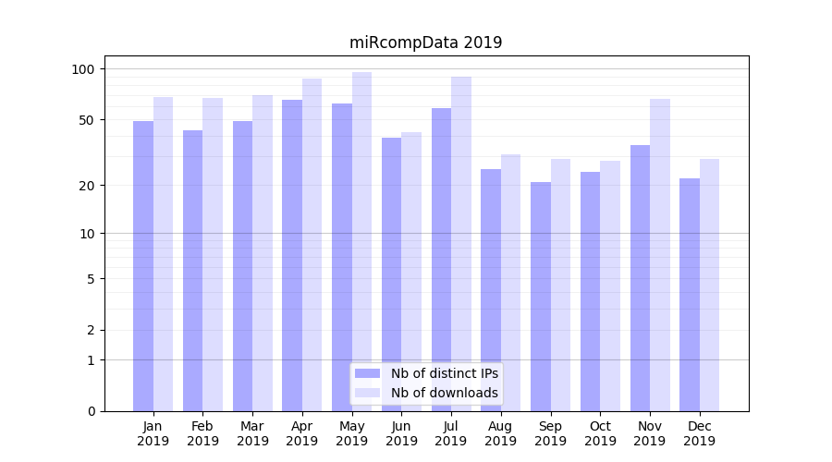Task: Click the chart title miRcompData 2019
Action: point(425,43)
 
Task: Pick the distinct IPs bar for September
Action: point(541,297)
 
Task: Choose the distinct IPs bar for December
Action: point(690,295)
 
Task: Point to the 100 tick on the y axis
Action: point(83,69)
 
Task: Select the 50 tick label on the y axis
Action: point(86,120)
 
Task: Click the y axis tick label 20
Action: point(86,186)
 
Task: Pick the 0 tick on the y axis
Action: point(90,411)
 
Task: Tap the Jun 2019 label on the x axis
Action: point(401,433)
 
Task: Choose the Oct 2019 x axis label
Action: point(600,433)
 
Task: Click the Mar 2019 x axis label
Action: point(252,433)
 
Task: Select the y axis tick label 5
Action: point(90,279)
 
